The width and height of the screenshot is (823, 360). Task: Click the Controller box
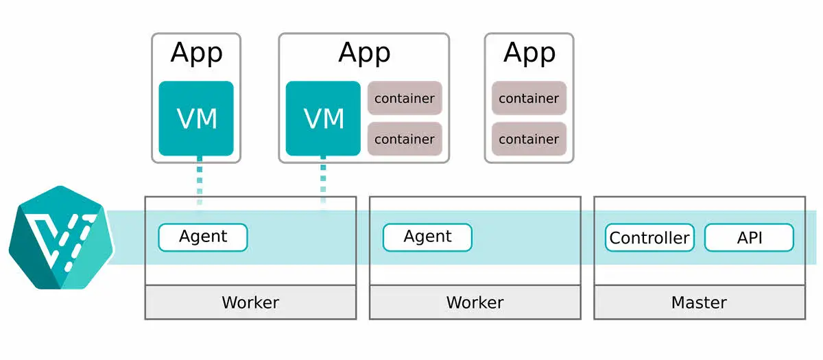click(649, 238)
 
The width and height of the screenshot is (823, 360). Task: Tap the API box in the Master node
click(749, 238)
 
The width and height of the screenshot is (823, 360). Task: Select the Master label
click(699, 302)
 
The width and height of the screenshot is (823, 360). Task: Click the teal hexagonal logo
click(60, 237)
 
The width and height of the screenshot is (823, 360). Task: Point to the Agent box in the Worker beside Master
click(427, 237)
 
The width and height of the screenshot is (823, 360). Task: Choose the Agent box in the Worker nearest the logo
click(203, 237)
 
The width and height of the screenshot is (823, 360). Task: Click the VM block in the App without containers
click(196, 119)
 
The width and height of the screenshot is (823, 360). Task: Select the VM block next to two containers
click(323, 119)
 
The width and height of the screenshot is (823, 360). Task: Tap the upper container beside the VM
click(405, 98)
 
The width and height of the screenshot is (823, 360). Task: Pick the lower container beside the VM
click(405, 139)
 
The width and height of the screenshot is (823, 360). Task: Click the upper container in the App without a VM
click(529, 98)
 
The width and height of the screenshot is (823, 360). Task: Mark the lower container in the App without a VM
click(529, 139)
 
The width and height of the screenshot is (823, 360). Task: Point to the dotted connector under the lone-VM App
click(200, 181)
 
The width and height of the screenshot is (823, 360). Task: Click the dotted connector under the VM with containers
click(323, 181)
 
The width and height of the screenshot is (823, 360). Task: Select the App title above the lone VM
click(196, 53)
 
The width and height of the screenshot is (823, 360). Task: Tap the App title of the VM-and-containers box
click(364, 53)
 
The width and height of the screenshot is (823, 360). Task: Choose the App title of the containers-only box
click(529, 53)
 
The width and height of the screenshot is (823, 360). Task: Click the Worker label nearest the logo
click(250, 302)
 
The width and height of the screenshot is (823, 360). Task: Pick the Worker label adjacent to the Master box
click(475, 302)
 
